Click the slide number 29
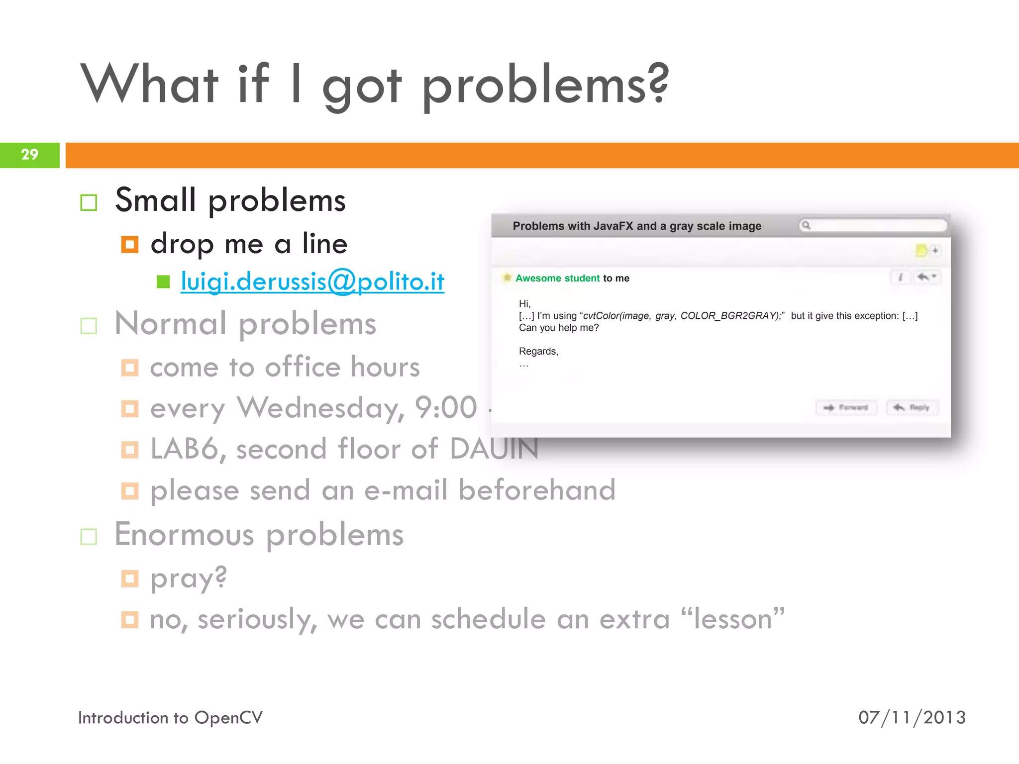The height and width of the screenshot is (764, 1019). click(30, 155)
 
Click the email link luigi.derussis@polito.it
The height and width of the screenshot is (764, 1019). click(312, 282)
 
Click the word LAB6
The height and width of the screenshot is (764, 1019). click(184, 449)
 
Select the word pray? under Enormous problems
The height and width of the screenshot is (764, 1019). click(189, 578)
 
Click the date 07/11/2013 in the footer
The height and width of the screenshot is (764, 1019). click(912, 718)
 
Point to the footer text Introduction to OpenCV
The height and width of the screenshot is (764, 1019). click(170, 718)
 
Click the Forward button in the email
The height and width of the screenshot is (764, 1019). click(846, 408)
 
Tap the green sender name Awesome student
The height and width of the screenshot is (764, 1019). click(557, 279)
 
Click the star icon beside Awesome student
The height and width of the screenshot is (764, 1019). click(507, 278)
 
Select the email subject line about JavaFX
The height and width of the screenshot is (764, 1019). click(636, 226)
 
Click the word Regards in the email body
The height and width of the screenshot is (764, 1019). click(538, 352)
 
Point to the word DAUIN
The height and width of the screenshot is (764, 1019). click(494, 449)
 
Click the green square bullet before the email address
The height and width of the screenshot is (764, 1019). click(163, 282)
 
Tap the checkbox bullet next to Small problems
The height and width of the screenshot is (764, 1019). click(89, 202)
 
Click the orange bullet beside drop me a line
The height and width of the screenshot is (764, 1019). click(130, 244)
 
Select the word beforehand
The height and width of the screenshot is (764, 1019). click(537, 490)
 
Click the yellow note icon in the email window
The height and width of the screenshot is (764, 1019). click(921, 250)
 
